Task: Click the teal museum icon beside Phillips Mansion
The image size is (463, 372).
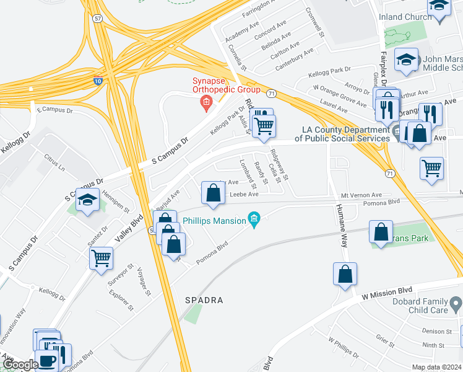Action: point(253,218)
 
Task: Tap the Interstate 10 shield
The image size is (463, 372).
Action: point(98,80)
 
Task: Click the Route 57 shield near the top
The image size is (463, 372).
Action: point(98,20)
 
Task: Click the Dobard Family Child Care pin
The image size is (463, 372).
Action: point(456,304)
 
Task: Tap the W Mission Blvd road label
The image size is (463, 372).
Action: point(387,291)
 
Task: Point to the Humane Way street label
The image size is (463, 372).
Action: point(340,226)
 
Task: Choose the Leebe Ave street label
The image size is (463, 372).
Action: point(244,194)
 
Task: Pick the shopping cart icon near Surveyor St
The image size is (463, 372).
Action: point(101,257)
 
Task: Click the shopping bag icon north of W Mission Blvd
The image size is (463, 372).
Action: point(345,273)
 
